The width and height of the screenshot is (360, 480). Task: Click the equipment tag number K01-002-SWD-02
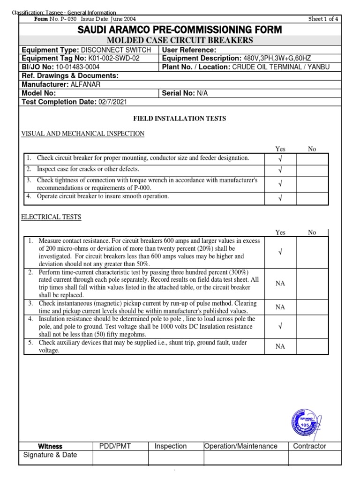[114, 59]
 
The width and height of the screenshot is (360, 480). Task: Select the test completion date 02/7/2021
[112, 102]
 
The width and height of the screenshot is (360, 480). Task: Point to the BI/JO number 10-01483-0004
[77, 67]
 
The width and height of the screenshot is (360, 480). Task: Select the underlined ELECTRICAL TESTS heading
[52, 217]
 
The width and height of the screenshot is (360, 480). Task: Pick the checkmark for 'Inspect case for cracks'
[280, 170]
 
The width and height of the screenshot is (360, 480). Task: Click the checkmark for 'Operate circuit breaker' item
[280, 198]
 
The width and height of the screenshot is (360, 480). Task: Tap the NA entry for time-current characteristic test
[280, 284]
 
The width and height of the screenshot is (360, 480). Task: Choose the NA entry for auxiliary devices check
[280, 346]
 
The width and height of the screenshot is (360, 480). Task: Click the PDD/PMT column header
[115, 446]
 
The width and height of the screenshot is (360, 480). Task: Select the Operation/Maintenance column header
[240, 446]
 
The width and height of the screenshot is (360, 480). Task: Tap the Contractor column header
[309, 446]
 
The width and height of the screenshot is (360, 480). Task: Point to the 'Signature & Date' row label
[50, 455]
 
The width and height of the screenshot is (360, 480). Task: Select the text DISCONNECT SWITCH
[116, 50]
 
